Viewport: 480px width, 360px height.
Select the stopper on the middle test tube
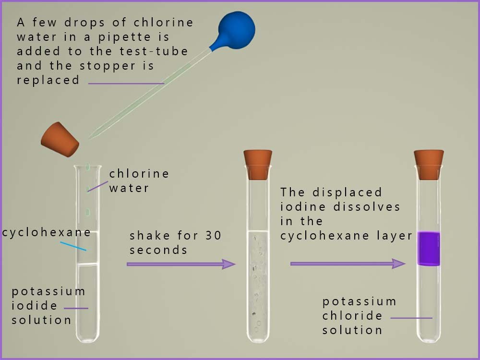258,165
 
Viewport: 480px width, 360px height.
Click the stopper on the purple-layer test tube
429,165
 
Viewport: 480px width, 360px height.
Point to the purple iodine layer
429,248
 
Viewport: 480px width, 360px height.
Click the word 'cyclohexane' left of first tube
46,233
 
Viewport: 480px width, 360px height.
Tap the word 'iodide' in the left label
35,306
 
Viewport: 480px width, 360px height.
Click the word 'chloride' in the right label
353,316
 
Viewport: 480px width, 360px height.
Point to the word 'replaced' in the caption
48,80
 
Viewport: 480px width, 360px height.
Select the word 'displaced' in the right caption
347,192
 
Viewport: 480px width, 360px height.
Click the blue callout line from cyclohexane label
73,246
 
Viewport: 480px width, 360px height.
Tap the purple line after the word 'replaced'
126,83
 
